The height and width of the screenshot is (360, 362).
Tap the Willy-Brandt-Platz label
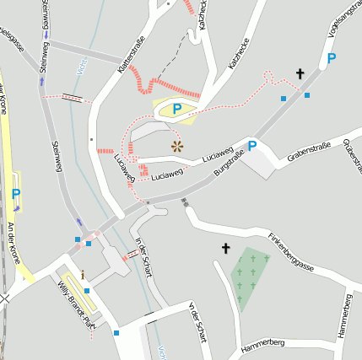(x=73, y=303)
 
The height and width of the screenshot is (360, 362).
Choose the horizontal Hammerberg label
(x=262, y=344)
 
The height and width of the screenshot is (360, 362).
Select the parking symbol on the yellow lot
(x=177, y=109)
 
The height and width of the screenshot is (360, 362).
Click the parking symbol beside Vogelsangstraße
(x=331, y=58)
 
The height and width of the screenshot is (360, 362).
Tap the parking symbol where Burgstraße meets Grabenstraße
(x=251, y=145)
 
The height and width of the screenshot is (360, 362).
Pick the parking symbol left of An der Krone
(x=16, y=193)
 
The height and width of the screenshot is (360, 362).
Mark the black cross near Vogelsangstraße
(x=300, y=74)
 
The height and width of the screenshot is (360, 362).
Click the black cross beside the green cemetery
(x=225, y=248)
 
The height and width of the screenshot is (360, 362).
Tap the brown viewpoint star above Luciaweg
(x=177, y=146)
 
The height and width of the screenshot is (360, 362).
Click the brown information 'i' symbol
(x=83, y=275)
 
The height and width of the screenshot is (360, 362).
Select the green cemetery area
(x=249, y=278)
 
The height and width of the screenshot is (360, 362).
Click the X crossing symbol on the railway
(x=4, y=298)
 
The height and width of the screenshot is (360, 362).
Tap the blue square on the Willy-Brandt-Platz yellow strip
(x=86, y=291)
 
